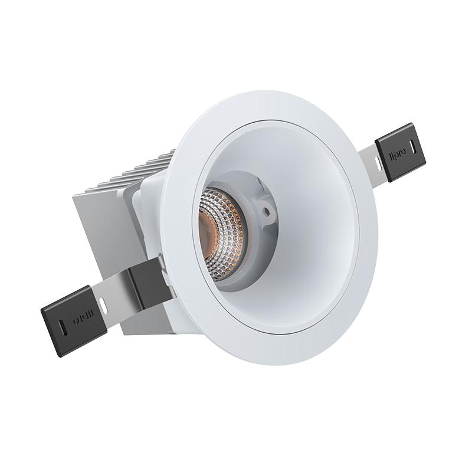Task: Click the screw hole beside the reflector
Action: [267, 209]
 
